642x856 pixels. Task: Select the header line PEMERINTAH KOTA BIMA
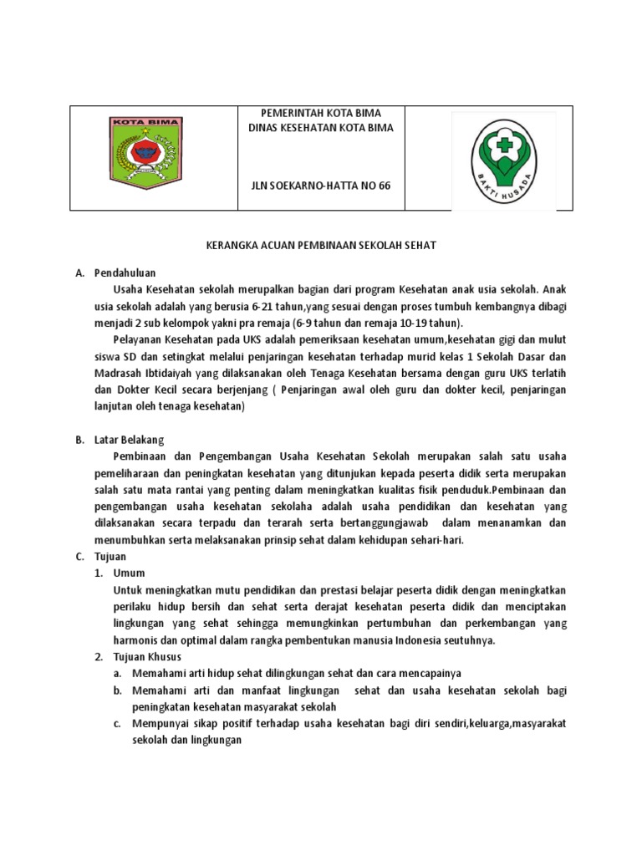click(308, 113)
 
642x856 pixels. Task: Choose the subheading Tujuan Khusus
click(147, 656)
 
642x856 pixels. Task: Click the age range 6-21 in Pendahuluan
click(265, 306)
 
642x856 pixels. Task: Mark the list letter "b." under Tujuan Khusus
click(119, 690)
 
